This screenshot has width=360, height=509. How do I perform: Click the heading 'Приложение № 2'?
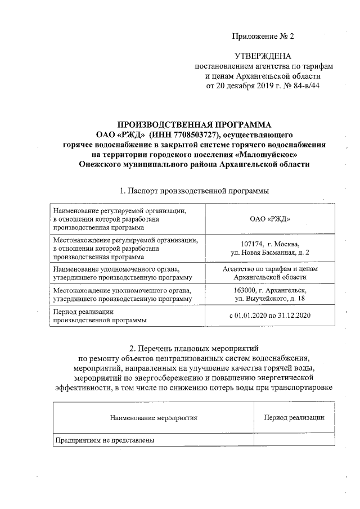coord(264,37)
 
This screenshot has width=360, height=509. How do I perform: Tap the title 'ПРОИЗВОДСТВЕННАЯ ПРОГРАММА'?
coord(194,125)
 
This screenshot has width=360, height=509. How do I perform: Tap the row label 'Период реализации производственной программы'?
coord(100,316)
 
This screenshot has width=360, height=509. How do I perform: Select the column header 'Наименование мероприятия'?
coord(153,418)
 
